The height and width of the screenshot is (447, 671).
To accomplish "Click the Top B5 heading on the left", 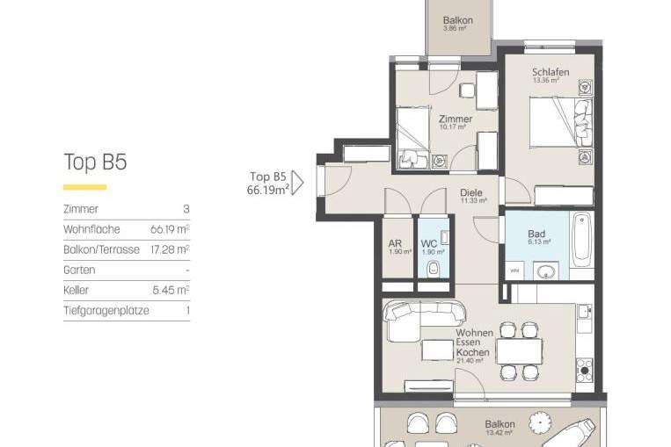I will [x=95, y=162].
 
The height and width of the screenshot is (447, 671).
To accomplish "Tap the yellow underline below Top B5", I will [x=84, y=187].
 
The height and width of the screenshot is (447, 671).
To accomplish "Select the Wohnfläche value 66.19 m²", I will [x=170, y=229].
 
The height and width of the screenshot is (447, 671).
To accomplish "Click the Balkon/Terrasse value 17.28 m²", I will [x=170, y=249].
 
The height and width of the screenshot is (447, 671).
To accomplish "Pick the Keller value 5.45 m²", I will [x=172, y=290].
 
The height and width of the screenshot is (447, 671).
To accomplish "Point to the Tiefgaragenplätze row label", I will [x=106, y=310].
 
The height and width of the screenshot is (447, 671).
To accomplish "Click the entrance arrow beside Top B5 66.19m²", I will [x=296, y=183].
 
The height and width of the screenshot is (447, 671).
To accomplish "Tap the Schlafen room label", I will [x=550, y=73].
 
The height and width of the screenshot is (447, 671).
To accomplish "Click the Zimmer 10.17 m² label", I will [x=456, y=121].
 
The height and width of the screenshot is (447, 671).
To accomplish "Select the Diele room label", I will [x=472, y=194].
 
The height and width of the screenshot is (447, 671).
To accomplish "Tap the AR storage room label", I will [x=395, y=245].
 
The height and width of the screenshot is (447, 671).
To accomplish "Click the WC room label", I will [x=429, y=245].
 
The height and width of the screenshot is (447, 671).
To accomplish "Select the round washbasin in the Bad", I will [x=548, y=270].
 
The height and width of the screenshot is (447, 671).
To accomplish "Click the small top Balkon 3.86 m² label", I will [x=457, y=23].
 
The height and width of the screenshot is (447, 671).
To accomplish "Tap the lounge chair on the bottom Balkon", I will [x=577, y=432].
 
